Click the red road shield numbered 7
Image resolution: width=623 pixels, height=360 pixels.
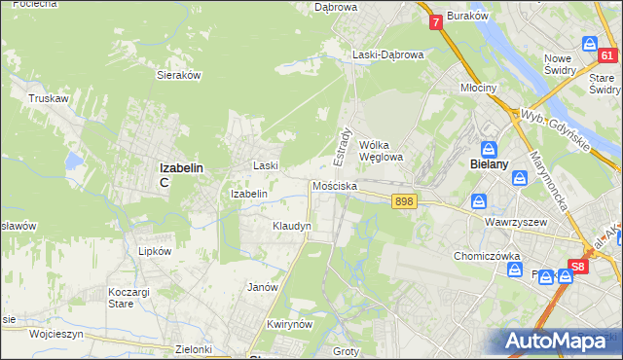click(x=435, y=20)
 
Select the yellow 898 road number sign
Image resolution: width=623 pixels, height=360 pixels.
click(x=405, y=201)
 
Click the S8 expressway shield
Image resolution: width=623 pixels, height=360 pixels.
click(x=578, y=265)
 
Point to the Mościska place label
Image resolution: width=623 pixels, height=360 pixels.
click(x=335, y=186)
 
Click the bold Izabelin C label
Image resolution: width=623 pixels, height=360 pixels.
click(x=181, y=174)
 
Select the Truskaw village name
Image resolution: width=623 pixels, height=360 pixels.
click(x=46, y=98)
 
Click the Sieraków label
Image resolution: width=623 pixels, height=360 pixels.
click(x=178, y=74)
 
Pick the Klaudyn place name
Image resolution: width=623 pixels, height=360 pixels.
click(x=291, y=226)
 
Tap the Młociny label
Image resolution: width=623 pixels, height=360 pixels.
click(x=478, y=88)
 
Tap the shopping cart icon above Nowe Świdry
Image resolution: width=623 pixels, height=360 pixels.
click(x=589, y=43)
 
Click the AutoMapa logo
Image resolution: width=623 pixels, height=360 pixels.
click(x=559, y=342)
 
